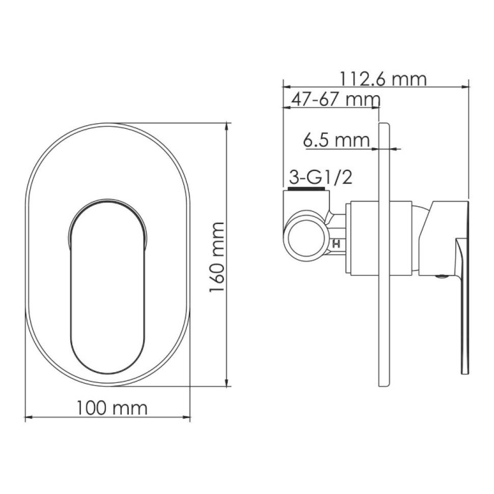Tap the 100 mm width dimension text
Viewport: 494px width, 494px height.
pyautogui.click(x=111, y=408)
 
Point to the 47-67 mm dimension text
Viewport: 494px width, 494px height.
pyautogui.click(x=331, y=99)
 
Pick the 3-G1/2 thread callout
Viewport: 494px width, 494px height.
pyautogui.click(x=319, y=177)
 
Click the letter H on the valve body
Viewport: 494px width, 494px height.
pyautogui.click(x=335, y=243)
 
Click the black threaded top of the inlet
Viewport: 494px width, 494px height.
pyautogui.click(x=306, y=191)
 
